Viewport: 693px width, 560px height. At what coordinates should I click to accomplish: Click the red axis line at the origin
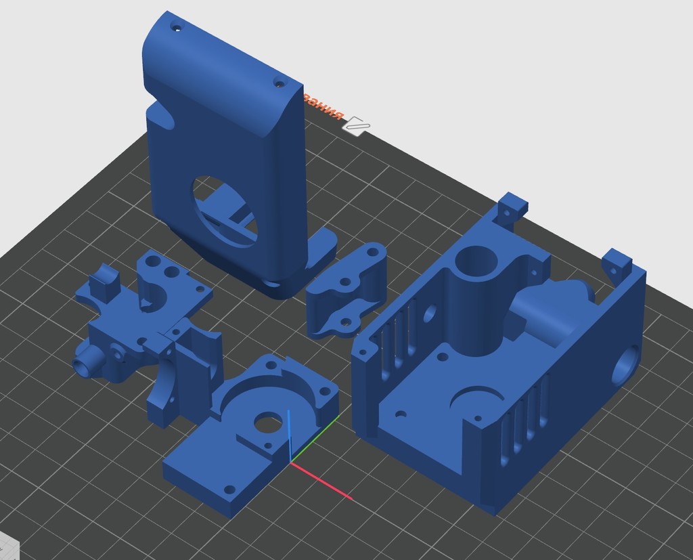pyautogui.click(x=322, y=481)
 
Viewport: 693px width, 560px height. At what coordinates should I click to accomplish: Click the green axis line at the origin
pyautogui.click(x=315, y=441)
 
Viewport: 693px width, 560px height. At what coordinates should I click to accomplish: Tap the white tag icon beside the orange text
pyautogui.click(x=356, y=125)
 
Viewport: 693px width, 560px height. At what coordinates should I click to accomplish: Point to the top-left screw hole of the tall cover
pyautogui.click(x=177, y=28)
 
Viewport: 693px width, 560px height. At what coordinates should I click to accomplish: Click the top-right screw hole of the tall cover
pyautogui.click(x=279, y=83)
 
